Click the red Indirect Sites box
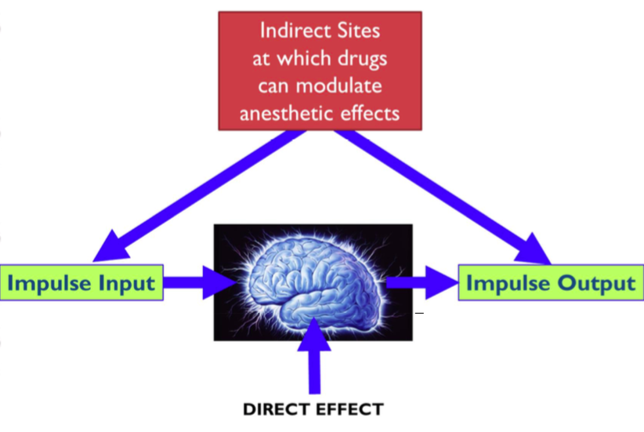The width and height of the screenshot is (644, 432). pos(320,71)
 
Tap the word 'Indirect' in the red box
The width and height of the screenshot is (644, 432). pos(292,32)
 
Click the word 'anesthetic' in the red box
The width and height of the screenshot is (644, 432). pos(290,112)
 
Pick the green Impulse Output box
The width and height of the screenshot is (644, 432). pos(551,283)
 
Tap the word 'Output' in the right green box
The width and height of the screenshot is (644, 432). pos(597,283)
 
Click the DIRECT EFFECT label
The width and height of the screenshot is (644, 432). pos(313,408)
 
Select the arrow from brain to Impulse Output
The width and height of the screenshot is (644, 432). pos(423,283)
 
